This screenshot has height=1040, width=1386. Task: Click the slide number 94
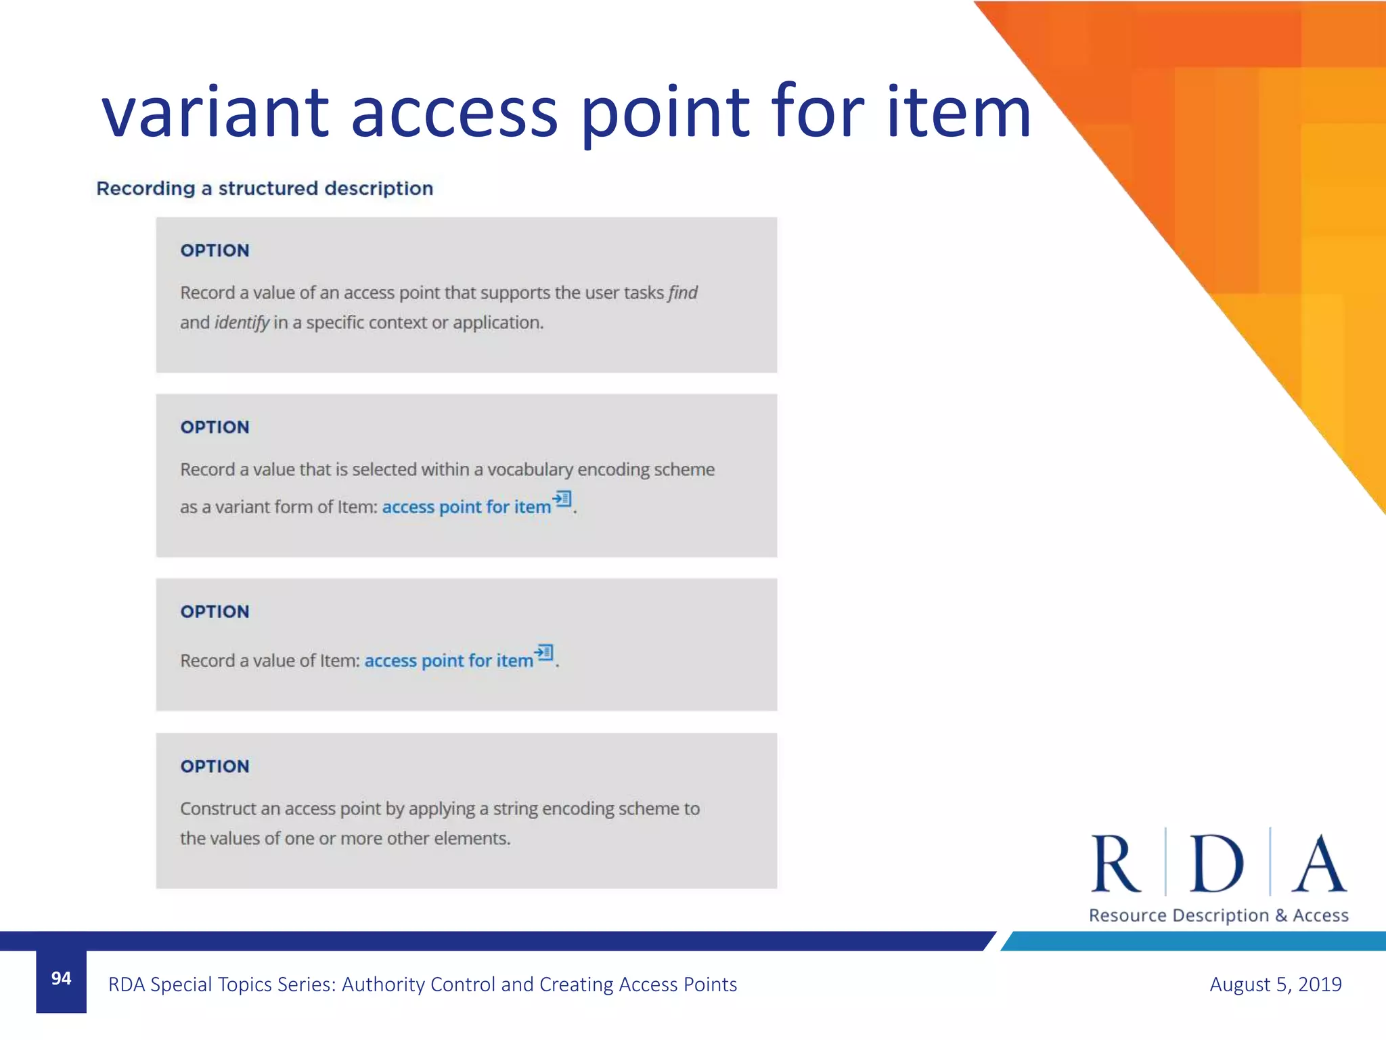[61, 978]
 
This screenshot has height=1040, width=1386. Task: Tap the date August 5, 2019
[1275, 984]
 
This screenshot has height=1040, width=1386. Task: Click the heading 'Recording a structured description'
[265, 188]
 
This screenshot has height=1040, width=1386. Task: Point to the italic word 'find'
[683, 292]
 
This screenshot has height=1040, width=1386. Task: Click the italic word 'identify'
[242, 322]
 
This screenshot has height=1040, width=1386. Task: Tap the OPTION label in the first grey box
[215, 251]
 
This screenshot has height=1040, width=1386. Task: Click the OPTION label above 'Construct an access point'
[215, 766]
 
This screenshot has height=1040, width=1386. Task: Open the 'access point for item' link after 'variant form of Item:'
[466, 507]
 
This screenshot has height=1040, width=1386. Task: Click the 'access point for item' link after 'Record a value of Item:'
[449, 661]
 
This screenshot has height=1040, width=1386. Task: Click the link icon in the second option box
[562, 500]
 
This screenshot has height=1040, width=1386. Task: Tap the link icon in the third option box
[544, 653]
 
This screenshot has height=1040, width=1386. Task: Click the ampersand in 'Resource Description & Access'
[1281, 915]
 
